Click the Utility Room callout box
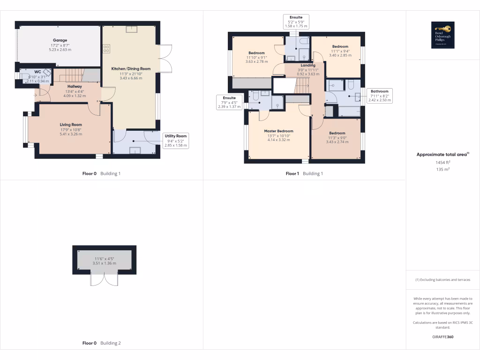tap(176, 141)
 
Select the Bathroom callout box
tap(379, 96)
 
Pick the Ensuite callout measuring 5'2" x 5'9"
tap(296, 22)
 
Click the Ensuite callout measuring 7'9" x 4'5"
tap(229, 102)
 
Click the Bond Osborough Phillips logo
tap(442, 35)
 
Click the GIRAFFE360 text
tap(442, 337)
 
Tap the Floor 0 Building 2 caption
tap(101, 343)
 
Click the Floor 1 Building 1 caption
tap(304, 173)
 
